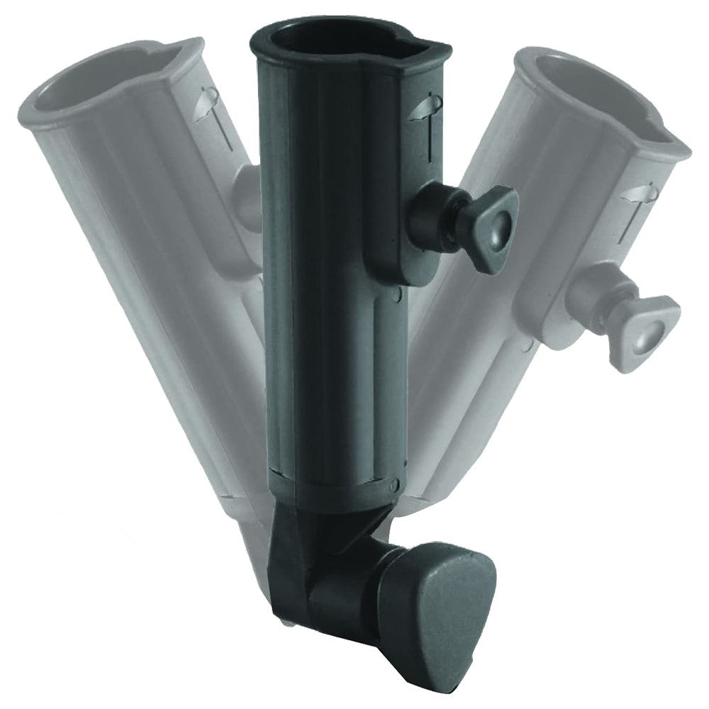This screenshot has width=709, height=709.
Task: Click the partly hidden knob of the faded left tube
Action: click(248, 199)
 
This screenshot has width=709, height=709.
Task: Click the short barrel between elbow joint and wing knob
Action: click(347, 588)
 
